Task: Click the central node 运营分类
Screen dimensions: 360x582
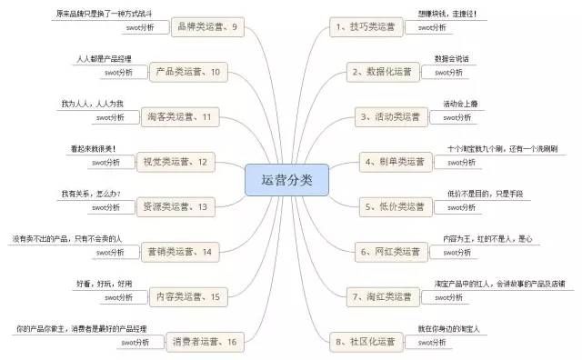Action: (x=286, y=180)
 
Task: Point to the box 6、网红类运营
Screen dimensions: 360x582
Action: (x=389, y=251)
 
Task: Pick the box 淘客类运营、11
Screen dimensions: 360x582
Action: (x=183, y=116)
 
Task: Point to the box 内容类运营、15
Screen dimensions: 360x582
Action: (x=188, y=296)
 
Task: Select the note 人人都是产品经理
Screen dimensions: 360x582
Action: (x=110, y=59)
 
